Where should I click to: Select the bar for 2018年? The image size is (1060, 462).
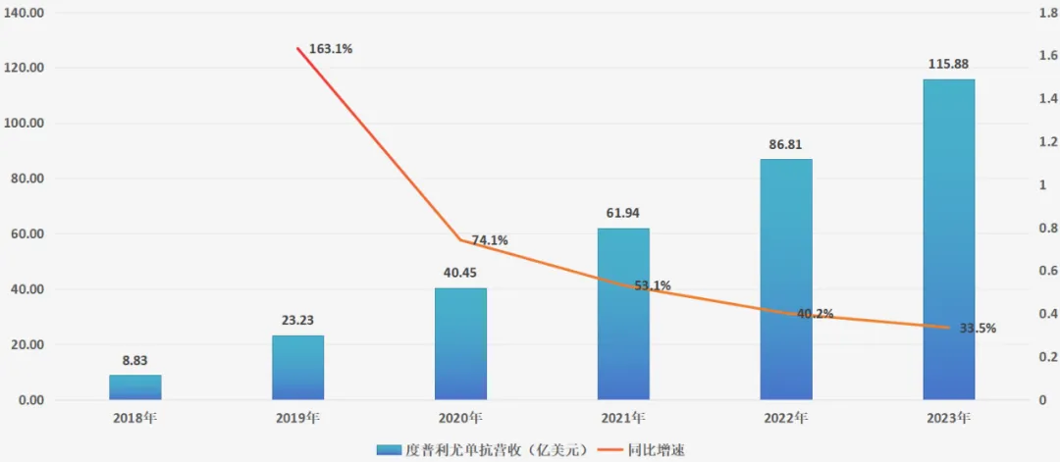[x=135, y=387]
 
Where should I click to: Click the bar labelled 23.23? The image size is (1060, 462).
[x=297, y=368]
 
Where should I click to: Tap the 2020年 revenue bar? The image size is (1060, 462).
[x=460, y=343]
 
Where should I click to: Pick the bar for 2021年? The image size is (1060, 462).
[x=623, y=314]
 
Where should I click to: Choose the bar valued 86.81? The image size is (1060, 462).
[x=786, y=280]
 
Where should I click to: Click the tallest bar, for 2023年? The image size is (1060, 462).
[x=949, y=239]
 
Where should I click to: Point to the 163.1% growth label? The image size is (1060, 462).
[x=330, y=48]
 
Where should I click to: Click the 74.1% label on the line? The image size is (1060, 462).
[x=489, y=240]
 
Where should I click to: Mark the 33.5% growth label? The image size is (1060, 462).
[x=977, y=329]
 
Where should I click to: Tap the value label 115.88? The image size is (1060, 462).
[x=949, y=65]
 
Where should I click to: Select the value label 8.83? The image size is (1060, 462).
[x=135, y=361]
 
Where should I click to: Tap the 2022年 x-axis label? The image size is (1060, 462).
[x=786, y=418]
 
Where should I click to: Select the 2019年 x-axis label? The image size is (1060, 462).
[x=297, y=418]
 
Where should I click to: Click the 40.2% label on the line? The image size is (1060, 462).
[x=815, y=314]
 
